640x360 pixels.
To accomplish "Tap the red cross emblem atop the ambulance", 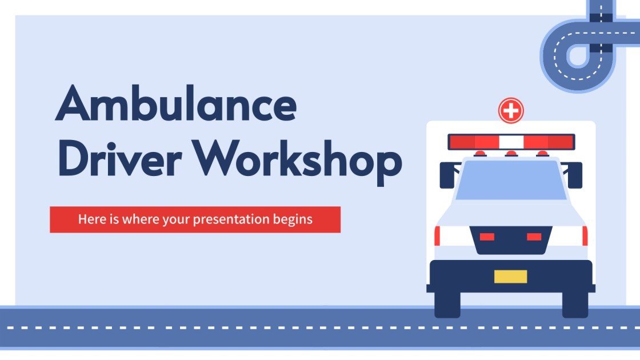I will point(511,110).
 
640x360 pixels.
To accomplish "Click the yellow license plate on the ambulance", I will point(511,277).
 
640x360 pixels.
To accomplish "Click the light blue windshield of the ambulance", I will point(511,180).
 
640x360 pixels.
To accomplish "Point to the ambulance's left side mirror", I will point(446,175).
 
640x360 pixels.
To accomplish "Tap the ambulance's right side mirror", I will point(575,175).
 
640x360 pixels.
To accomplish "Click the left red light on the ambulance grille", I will point(487,237).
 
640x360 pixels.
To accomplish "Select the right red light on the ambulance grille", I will point(534,237).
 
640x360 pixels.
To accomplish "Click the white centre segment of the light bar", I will point(511,142).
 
